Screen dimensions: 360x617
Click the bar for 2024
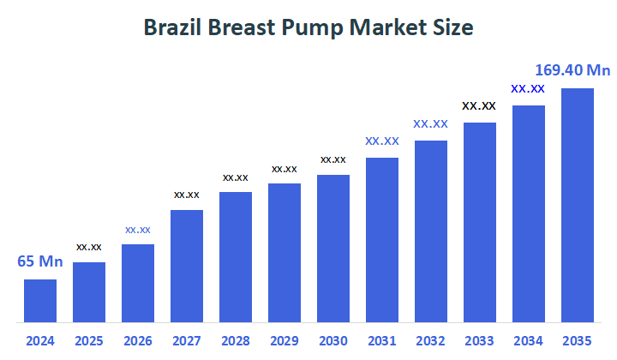coord(40,300)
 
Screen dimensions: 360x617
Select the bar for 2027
coord(187,266)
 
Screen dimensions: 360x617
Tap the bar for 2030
coord(333,249)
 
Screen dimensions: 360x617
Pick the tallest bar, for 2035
coord(578,205)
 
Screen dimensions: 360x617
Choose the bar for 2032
coord(431,231)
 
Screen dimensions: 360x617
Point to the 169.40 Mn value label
coord(572,70)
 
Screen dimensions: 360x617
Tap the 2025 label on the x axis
coord(89,341)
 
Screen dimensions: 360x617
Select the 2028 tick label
coord(236,341)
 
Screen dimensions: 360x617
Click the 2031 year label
coord(382,341)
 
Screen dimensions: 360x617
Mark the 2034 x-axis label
coord(529,341)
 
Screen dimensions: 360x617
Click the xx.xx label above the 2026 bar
coord(138,230)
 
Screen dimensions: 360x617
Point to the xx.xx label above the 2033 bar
coord(479,106)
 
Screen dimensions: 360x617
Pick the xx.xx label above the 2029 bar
coord(285,169)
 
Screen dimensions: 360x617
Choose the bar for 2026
coord(138,283)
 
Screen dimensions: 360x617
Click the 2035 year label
coord(578,341)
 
